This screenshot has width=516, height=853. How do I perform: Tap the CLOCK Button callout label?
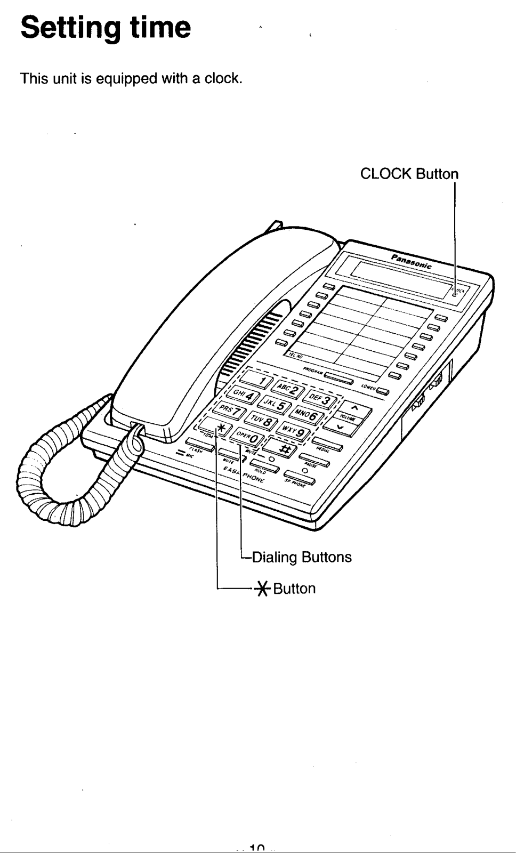(x=409, y=174)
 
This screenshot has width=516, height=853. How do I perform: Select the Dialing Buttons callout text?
(x=301, y=558)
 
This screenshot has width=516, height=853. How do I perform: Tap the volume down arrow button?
(x=341, y=425)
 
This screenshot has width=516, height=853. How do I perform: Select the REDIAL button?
(x=327, y=444)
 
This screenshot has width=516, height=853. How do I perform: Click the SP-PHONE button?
(x=300, y=477)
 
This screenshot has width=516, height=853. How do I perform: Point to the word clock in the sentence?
(x=222, y=79)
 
